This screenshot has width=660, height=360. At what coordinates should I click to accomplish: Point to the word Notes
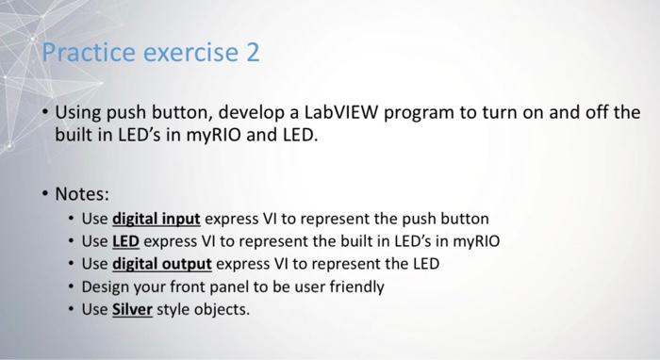[x=82, y=194]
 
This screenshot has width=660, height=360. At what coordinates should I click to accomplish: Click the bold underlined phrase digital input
[x=156, y=220]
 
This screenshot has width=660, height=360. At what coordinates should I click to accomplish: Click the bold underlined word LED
[x=125, y=241]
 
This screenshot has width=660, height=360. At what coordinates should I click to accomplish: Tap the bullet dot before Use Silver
[x=73, y=307]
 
